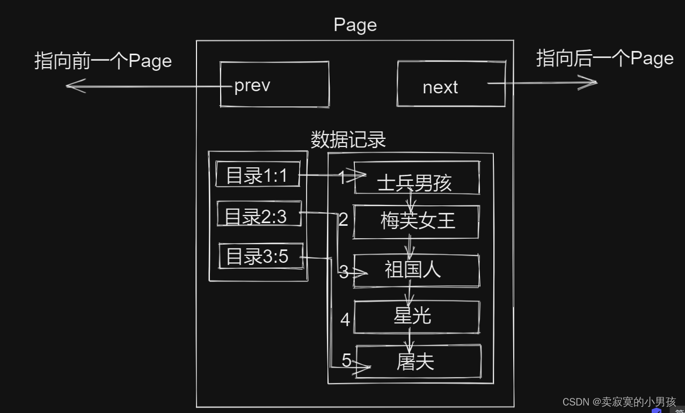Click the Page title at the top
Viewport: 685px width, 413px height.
tap(355, 25)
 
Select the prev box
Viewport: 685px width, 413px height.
tap(274, 85)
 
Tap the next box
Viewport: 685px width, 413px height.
tap(450, 84)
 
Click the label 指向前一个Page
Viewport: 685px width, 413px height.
tap(103, 61)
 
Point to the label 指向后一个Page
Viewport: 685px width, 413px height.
tap(604, 58)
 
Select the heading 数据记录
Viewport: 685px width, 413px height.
tap(348, 140)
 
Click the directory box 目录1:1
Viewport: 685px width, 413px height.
tap(258, 175)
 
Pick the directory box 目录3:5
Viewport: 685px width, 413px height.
tap(261, 256)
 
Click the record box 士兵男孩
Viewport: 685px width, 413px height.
tap(417, 178)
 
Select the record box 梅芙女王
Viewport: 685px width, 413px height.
tap(417, 221)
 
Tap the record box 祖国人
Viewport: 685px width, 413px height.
tap(416, 270)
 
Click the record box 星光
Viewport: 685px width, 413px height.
tap(416, 316)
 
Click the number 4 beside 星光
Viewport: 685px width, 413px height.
tap(345, 320)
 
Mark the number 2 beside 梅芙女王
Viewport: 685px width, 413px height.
tap(343, 219)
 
